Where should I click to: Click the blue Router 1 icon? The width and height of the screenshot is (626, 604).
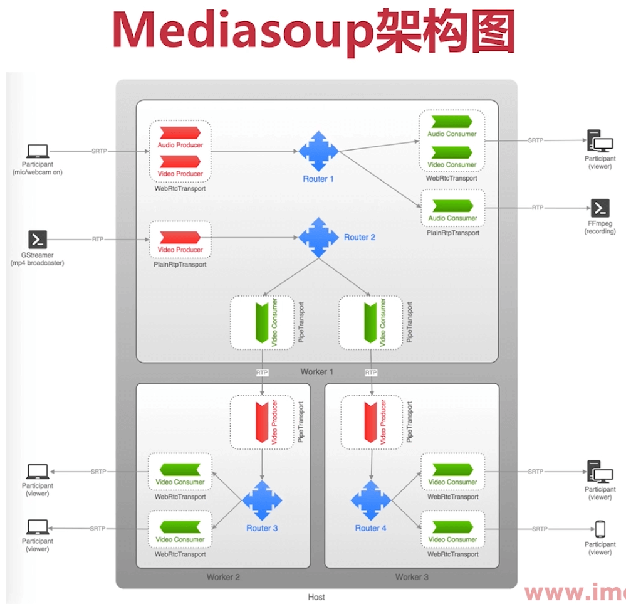pos(318,151)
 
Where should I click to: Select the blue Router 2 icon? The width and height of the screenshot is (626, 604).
pos(318,237)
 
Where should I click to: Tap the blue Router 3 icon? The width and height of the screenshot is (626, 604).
pos(262,500)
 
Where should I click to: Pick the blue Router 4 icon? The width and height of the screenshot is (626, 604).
pos(371,500)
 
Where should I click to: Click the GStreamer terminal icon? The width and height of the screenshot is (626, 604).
pos(38,239)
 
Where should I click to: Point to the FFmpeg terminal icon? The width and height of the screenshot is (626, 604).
pos(600,208)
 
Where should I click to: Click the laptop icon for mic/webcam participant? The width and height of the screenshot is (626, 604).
pos(38,151)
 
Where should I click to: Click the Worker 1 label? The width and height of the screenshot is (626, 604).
pos(317,372)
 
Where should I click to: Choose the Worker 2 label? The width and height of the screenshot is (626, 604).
pos(223,577)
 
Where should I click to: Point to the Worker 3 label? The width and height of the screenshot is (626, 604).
pos(412,577)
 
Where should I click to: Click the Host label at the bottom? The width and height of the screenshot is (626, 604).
pos(316,597)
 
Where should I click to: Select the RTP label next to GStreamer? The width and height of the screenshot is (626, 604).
pos(98,239)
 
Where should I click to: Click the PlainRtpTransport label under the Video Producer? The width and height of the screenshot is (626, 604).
pos(180,265)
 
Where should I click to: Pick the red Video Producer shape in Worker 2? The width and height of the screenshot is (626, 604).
pos(262,421)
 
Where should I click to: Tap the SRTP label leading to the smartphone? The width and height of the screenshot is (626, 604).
pos(540,529)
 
